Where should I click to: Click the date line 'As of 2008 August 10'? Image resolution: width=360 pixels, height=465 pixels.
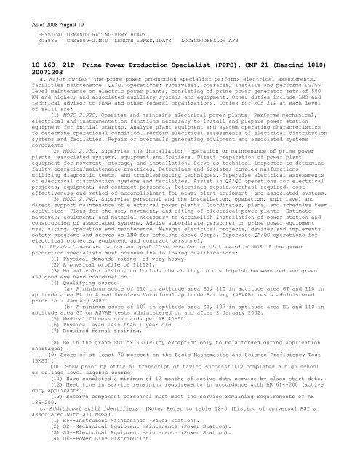(x=33, y=7)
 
